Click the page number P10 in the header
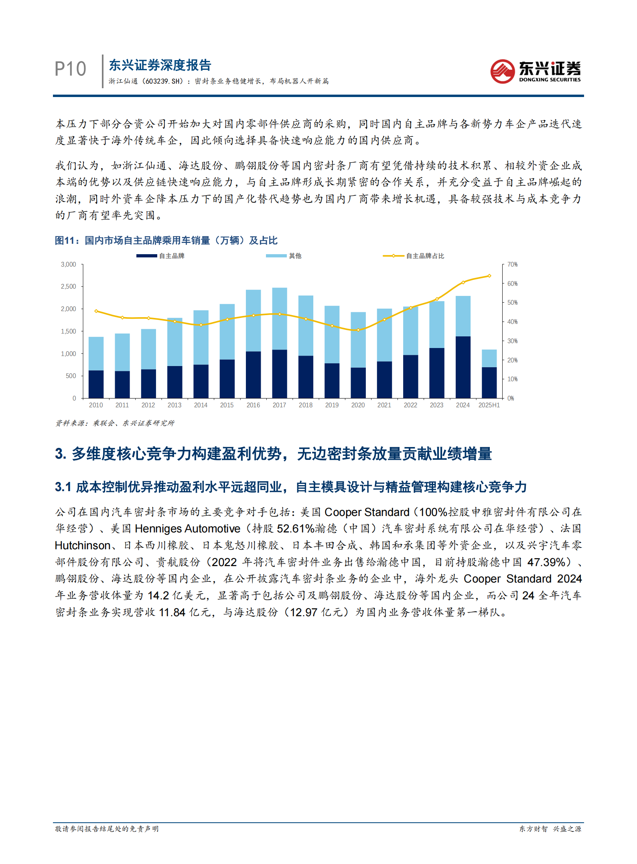pyautogui.click(x=70, y=69)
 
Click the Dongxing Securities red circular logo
pyautogui.click(x=502, y=71)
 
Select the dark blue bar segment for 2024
pyautogui.click(x=463, y=367)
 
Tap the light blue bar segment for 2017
pyautogui.click(x=279, y=318)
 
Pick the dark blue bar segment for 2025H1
pyautogui.click(x=489, y=382)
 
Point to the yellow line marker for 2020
pyautogui.click(x=358, y=330)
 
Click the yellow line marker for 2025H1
pyautogui.click(x=489, y=276)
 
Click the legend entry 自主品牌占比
pyautogui.click(x=425, y=256)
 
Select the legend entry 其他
pyautogui.click(x=295, y=256)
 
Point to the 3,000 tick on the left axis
pyautogui.click(x=69, y=265)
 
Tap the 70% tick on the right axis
pyautogui.click(x=512, y=265)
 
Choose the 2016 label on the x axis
pyautogui.click(x=253, y=405)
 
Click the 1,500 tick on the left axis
pyautogui.click(x=69, y=332)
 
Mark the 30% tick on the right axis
pyautogui.click(x=512, y=341)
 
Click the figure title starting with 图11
pyautogui.click(x=166, y=241)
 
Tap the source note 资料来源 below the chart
pyautogui.click(x=115, y=423)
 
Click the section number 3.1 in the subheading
pyautogui.click(x=63, y=487)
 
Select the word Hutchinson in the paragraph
pyautogui.click(x=83, y=545)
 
